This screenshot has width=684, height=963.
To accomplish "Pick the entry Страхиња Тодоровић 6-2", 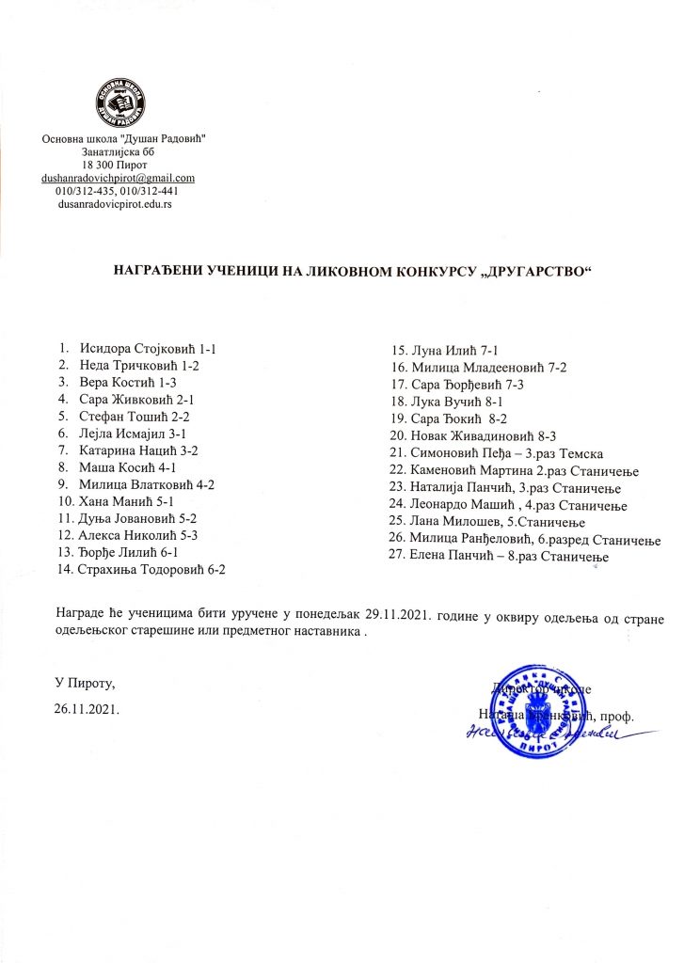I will [x=153, y=569].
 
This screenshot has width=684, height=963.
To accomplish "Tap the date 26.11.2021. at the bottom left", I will [x=87, y=705].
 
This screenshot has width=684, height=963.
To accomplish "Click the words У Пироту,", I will [x=86, y=681].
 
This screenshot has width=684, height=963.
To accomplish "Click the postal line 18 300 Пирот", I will [x=115, y=165].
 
